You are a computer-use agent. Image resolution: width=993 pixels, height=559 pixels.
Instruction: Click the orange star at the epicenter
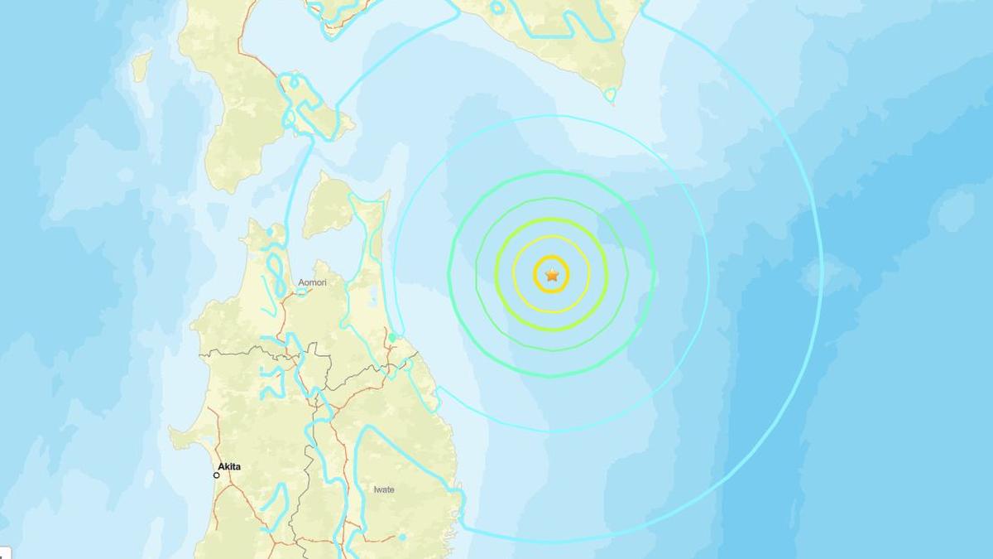pos(552,275)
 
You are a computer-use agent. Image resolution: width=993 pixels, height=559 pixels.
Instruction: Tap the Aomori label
pos(312,283)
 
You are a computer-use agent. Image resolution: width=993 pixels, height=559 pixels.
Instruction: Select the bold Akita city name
pos(229,467)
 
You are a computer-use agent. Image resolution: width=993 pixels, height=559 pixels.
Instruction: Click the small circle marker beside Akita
pos(217,475)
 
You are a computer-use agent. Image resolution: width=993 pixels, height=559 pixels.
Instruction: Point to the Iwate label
pos(384,490)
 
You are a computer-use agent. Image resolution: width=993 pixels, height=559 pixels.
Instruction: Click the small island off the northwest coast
pos(142,66)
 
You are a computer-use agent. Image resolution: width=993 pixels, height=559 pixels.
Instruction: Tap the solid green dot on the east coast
pos(392,338)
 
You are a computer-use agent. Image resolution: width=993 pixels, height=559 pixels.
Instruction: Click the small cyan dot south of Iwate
pos(402,537)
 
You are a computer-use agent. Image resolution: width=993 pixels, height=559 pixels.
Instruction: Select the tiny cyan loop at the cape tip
pos(610,96)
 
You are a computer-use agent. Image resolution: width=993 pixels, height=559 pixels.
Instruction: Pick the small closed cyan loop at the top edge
pos(496,7)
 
